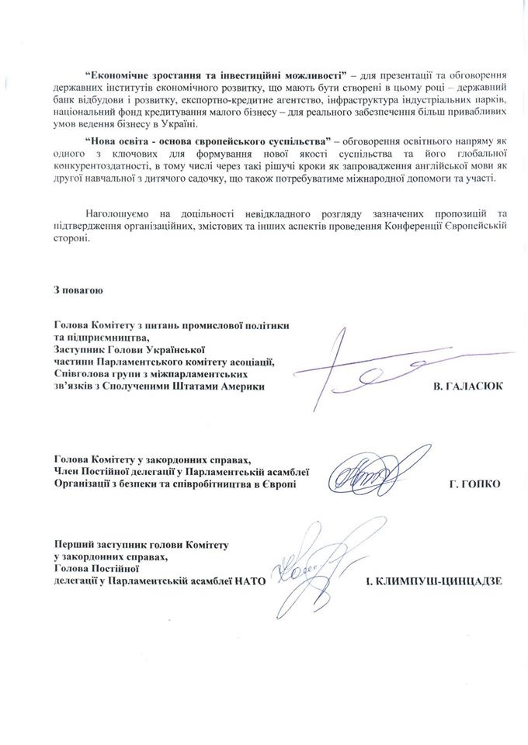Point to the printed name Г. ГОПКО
[475, 484]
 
